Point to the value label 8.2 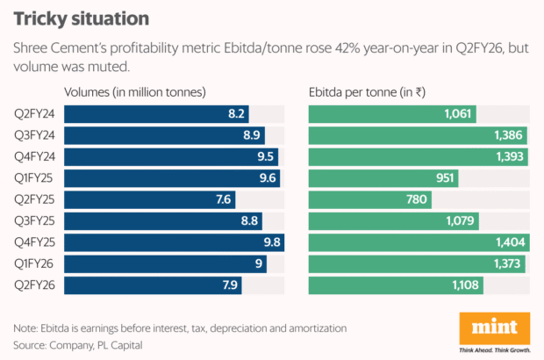tap(236, 114)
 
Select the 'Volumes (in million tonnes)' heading tap(135, 91)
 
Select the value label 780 tap(417, 199)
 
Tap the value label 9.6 tap(267, 178)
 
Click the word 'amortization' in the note tap(311, 328)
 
